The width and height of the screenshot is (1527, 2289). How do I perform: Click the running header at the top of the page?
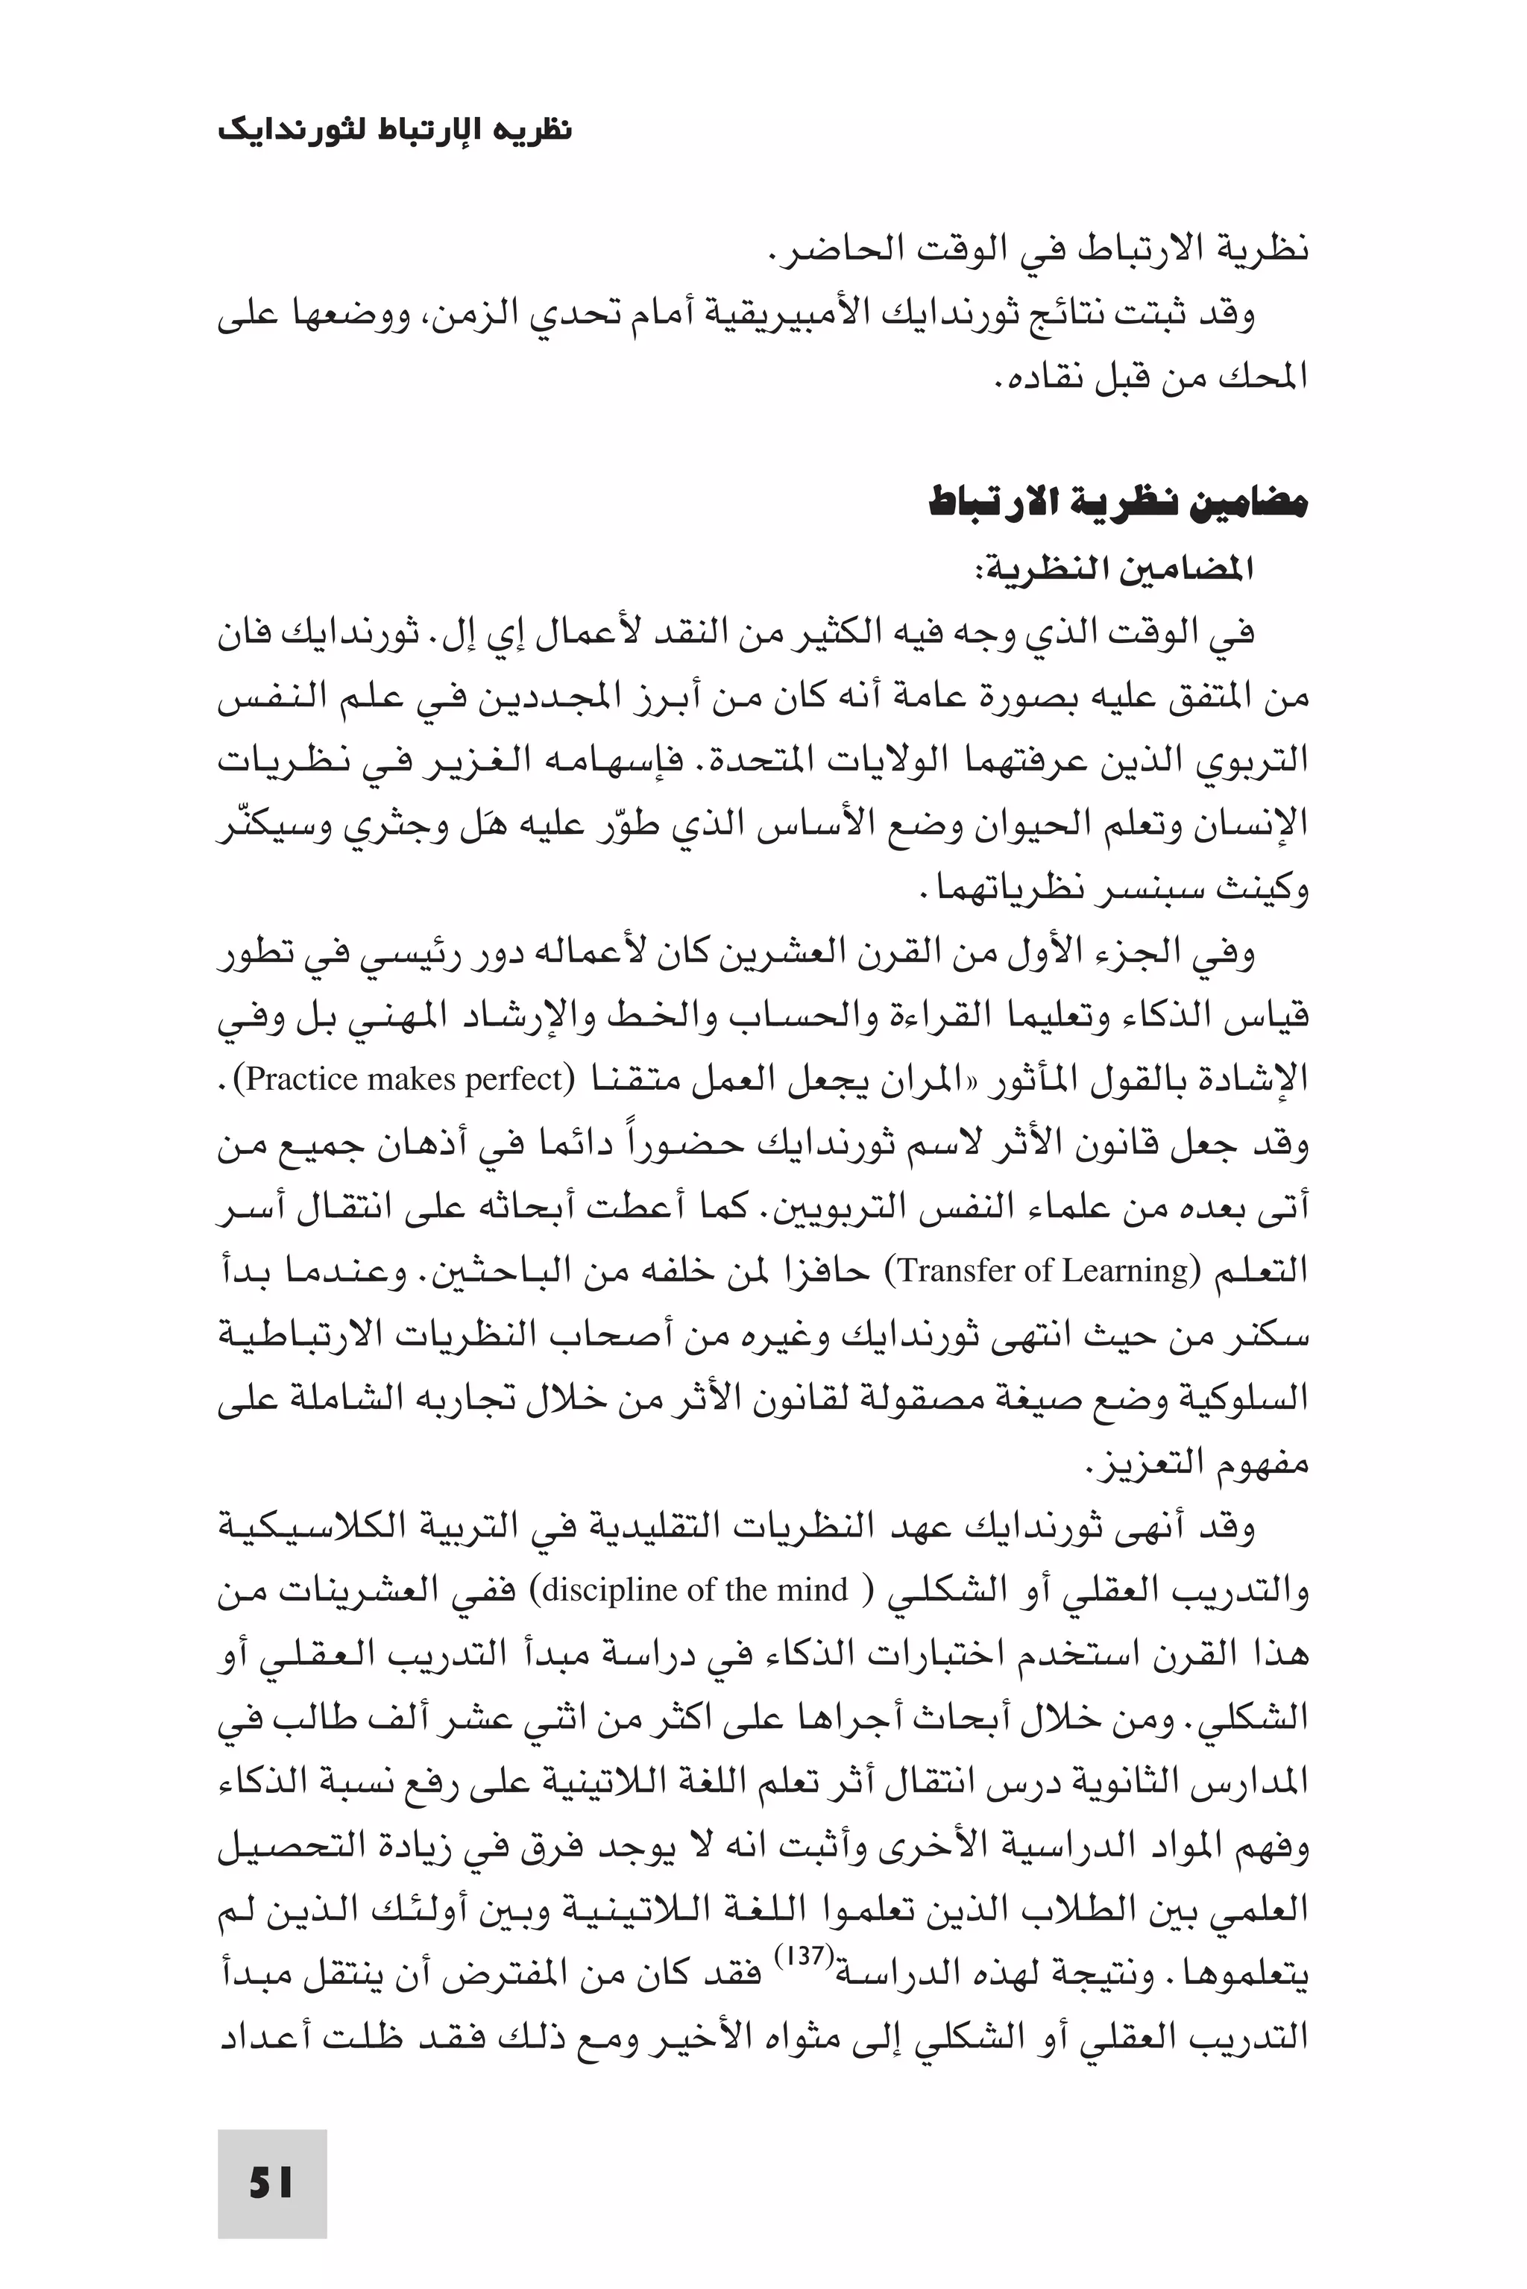(x=394, y=130)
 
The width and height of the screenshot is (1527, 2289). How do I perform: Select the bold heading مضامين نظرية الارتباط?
(x=1117, y=504)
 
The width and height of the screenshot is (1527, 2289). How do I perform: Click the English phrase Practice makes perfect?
(x=405, y=1080)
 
